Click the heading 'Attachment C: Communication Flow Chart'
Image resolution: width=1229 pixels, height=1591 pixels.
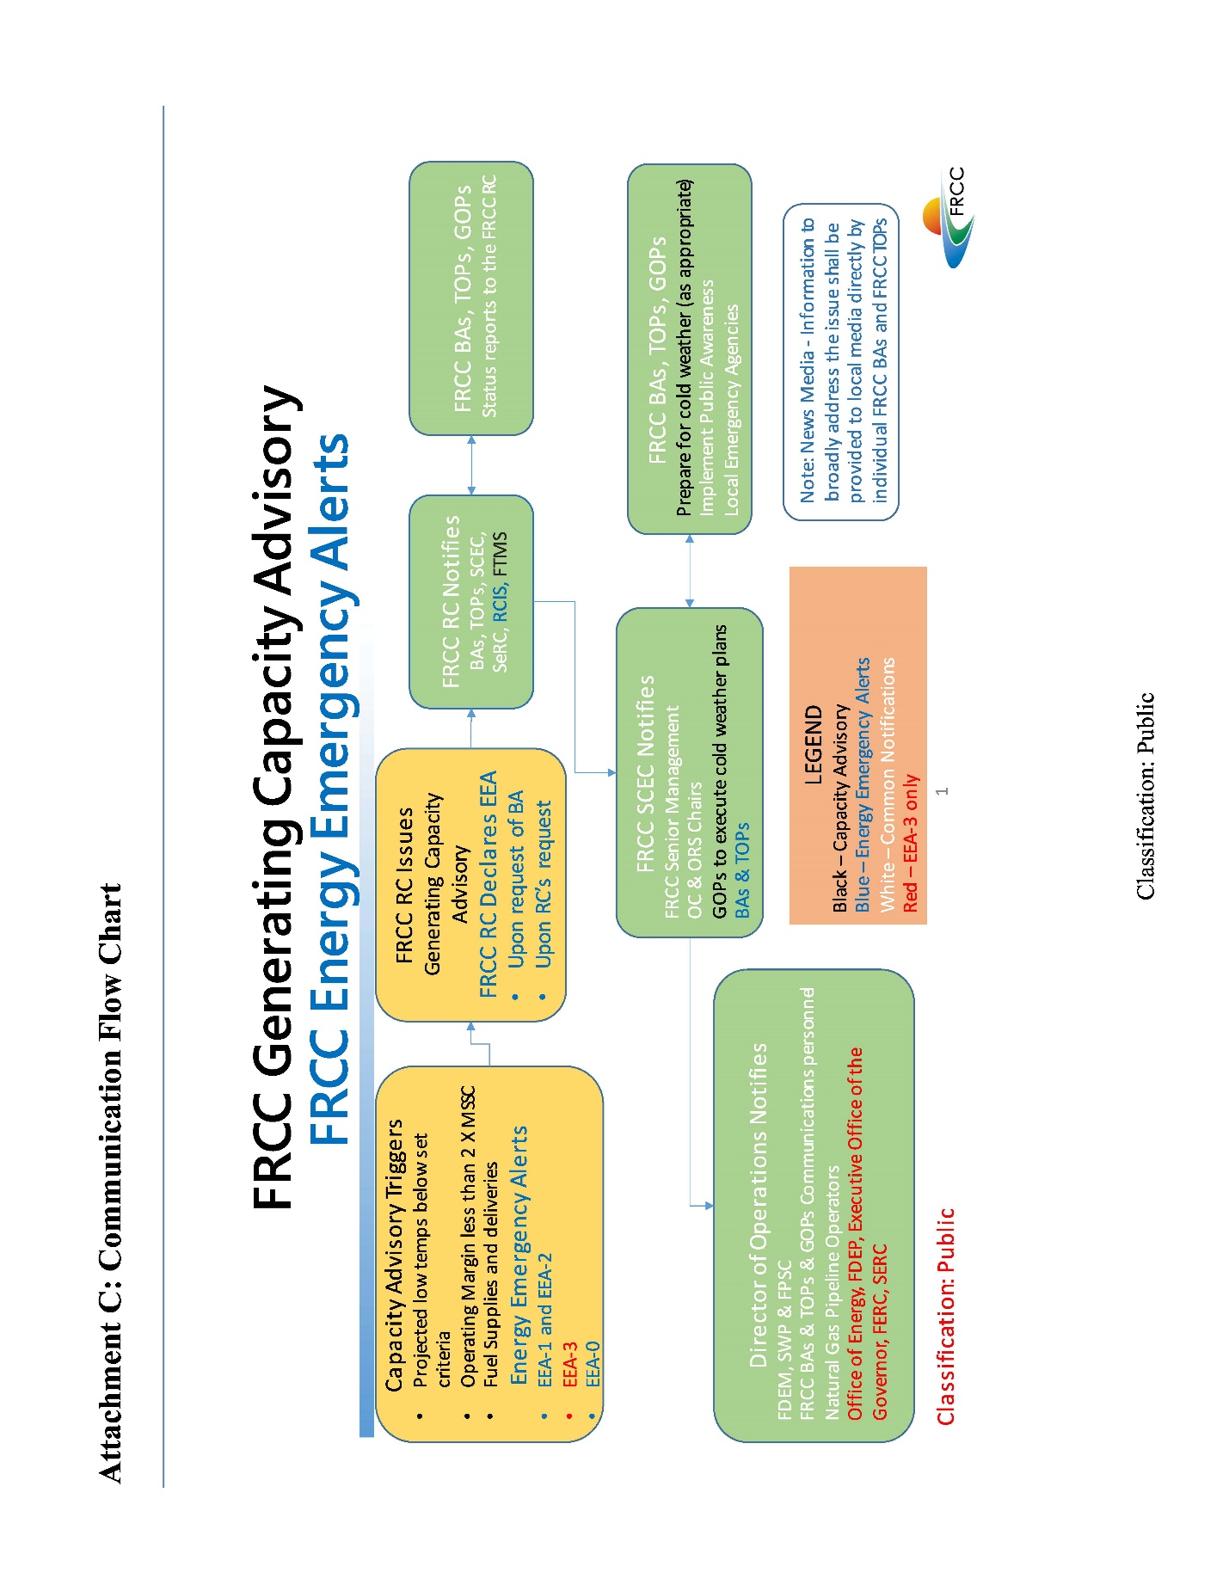click(110, 1182)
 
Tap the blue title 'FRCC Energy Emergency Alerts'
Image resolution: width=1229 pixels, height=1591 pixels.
click(329, 789)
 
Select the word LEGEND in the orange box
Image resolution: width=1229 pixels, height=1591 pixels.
click(813, 745)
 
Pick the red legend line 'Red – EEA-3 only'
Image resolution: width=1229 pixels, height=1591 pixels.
click(911, 843)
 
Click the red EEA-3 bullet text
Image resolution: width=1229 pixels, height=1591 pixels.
click(569, 1364)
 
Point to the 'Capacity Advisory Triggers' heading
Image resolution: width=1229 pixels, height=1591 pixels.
click(393, 1254)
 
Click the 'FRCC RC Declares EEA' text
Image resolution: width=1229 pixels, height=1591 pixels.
click(488, 884)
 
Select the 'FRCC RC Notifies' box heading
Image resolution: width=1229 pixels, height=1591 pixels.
click(451, 601)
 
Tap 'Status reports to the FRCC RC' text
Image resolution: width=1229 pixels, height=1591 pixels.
click(489, 297)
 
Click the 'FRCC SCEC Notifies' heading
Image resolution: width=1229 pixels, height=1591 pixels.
click(645, 774)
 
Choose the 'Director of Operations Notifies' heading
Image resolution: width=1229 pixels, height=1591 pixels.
click(758, 1205)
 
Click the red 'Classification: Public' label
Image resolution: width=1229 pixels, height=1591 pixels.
click(945, 1317)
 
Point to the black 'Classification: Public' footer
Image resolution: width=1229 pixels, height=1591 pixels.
click(1145, 796)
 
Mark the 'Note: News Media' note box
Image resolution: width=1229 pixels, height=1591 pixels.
click(840, 362)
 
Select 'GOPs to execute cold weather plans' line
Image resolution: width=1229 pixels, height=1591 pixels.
click(719, 771)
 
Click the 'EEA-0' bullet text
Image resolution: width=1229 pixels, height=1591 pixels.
click(593, 1364)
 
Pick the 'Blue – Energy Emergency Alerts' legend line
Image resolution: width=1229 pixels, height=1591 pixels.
click(862, 784)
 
